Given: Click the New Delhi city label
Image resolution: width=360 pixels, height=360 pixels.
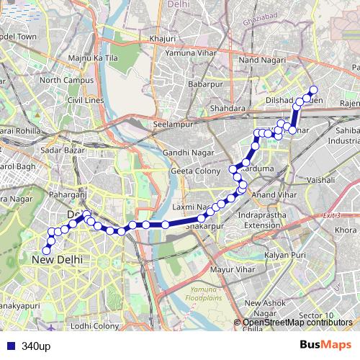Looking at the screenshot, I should click(58, 258).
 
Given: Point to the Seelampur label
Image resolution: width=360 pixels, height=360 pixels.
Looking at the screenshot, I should click(171, 124).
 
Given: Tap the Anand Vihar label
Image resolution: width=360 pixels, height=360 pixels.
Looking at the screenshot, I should click(275, 194).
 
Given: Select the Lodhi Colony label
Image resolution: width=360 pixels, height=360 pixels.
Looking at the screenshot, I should click(94, 326).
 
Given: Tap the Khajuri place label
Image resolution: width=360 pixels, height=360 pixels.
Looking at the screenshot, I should click(162, 37).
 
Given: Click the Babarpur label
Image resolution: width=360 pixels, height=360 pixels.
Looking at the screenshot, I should click(204, 85).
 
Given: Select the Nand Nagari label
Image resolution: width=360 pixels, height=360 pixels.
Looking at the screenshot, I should click(258, 61).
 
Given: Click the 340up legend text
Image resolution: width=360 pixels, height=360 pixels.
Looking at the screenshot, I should click(35, 346).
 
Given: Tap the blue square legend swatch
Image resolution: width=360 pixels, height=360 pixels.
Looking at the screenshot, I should click(9, 346).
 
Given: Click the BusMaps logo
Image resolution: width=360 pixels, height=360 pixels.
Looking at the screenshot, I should click(326, 346).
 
